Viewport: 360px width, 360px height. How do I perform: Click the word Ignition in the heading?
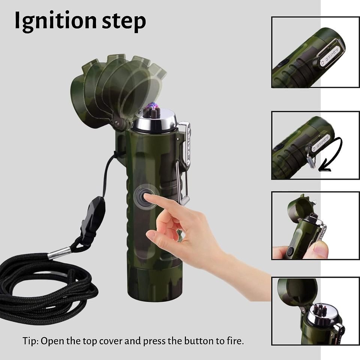pos(56,21)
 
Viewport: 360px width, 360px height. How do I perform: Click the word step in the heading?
pos(124,22)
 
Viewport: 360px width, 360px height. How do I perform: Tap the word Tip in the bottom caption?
pos(30,341)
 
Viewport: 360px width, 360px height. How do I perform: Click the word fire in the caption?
pos(235,341)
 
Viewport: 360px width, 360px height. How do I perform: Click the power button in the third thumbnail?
pos(290,251)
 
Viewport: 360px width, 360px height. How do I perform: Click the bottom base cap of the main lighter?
pos(155,282)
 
